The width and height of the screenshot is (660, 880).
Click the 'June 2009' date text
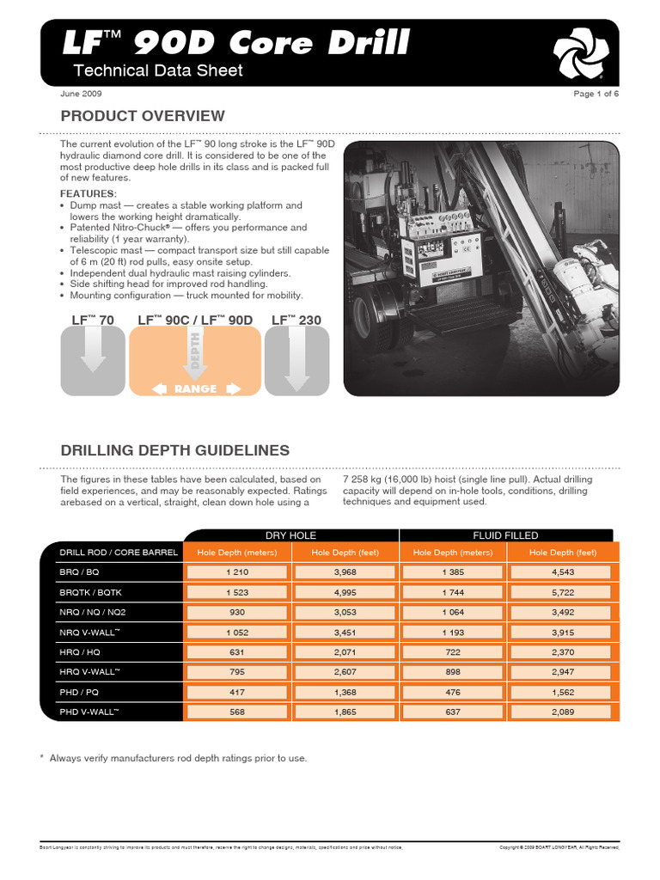pyautogui.click(x=82, y=94)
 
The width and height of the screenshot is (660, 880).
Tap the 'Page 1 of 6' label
pyautogui.click(x=596, y=94)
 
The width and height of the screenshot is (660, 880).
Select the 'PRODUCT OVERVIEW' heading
pyautogui.click(x=142, y=116)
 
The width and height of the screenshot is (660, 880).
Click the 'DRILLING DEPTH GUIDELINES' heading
pyautogui.click(x=174, y=450)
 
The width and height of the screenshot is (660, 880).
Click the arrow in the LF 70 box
pyautogui.click(x=93, y=351)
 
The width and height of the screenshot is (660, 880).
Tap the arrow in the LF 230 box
pyautogui.click(x=296, y=359)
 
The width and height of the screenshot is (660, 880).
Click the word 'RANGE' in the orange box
pyautogui.click(x=196, y=388)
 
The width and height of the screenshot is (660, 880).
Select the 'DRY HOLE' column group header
pyautogui.click(x=290, y=535)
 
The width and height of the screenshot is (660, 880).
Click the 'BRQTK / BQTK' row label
pyautogui.click(x=91, y=592)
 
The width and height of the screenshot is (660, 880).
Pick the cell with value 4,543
pyautogui.click(x=563, y=571)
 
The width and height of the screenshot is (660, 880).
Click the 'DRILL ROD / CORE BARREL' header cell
pyautogui.click(x=118, y=552)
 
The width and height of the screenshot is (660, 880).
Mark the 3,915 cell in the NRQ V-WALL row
pyautogui.click(x=563, y=632)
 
